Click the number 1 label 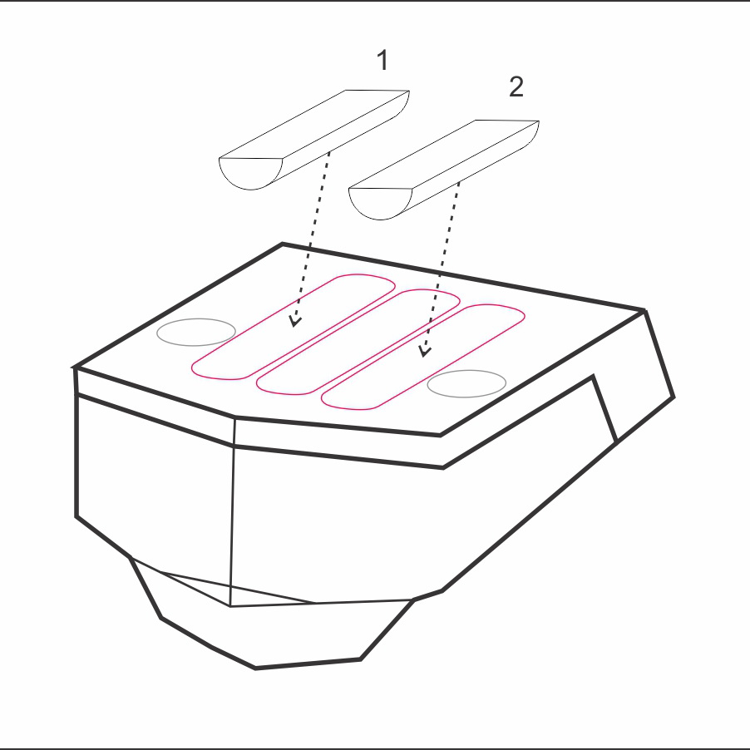pyautogui.click(x=382, y=60)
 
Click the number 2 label pyautogui.click(x=516, y=86)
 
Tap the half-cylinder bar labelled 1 pyautogui.click(x=313, y=140)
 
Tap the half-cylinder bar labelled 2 pyautogui.click(x=444, y=170)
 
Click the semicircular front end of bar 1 pyautogui.click(x=250, y=173)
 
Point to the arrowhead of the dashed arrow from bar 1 pyautogui.click(x=296, y=321)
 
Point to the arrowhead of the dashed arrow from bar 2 pyautogui.click(x=424, y=351)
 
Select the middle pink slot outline pyautogui.click(x=358, y=342)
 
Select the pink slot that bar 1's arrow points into pyautogui.click(x=293, y=327)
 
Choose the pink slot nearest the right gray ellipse pyautogui.click(x=423, y=357)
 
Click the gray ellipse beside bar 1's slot pyautogui.click(x=196, y=332)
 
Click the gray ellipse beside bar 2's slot pyautogui.click(x=466, y=383)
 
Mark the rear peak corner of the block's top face pyautogui.click(x=283, y=244)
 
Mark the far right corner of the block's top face pyautogui.click(x=644, y=311)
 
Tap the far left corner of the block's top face pyautogui.click(x=74, y=368)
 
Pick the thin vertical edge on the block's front pyautogui.click(x=233, y=512)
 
